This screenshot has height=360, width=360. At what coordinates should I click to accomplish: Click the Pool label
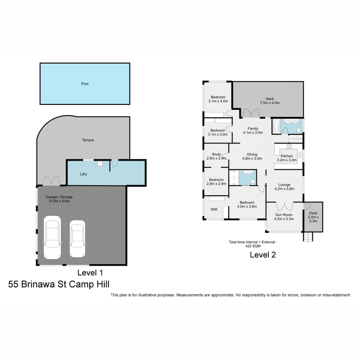pyautogui.click(x=85, y=84)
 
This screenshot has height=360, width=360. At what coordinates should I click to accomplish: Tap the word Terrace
pyautogui.click(x=88, y=140)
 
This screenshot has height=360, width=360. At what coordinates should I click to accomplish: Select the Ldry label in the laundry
pyautogui.click(x=83, y=174)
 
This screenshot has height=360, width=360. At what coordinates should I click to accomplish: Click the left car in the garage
pyautogui.click(x=52, y=237)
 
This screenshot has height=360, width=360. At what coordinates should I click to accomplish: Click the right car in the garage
pyautogui.click(x=77, y=239)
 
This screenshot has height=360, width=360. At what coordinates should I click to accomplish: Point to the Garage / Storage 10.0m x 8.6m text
pyautogui.click(x=59, y=199)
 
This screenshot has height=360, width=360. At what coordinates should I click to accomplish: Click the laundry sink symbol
pyautogui.click(x=100, y=164)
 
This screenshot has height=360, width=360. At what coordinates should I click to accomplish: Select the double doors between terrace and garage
pyautogui.click(x=51, y=182)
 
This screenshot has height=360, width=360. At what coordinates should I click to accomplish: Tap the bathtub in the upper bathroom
pyautogui.click(x=276, y=127)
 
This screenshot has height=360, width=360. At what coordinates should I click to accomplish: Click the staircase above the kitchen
pyautogui.click(x=295, y=138)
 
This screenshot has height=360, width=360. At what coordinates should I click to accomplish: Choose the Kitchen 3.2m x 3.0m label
pyautogui.click(x=286, y=158)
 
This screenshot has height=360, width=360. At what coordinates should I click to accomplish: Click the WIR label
pyautogui.click(x=214, y=210)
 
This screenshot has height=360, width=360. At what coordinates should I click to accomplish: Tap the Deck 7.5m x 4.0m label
pyautogui.click(x=270, y=101)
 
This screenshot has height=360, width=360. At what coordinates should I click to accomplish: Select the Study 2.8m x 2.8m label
pyautogui.click(x=216, y=156)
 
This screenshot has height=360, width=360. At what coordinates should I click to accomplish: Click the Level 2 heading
pyautogui.click(x=263, y=255)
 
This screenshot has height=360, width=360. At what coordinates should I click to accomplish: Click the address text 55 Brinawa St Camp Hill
pyautogui.click(x=59, y=284)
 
